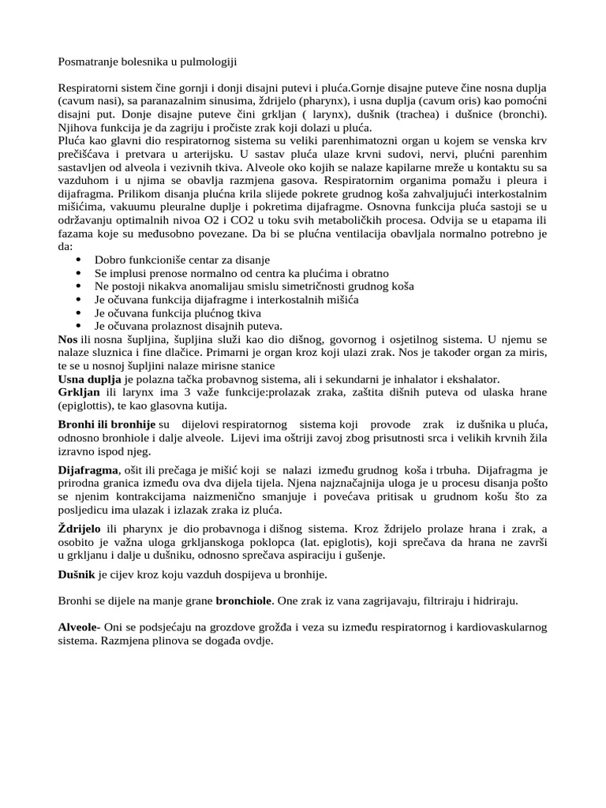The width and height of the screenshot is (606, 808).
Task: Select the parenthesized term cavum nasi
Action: click(x=90, y=102)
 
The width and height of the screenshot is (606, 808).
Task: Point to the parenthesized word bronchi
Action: click(x=522, y=114)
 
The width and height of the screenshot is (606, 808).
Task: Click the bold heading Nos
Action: click(x=68, y=339)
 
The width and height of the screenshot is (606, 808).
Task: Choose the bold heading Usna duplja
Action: click(x=90, y=379)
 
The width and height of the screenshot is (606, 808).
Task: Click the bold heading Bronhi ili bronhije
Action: click(x=107, y=425)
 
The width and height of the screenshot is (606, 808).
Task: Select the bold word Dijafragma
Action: click(x=88, y=470)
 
